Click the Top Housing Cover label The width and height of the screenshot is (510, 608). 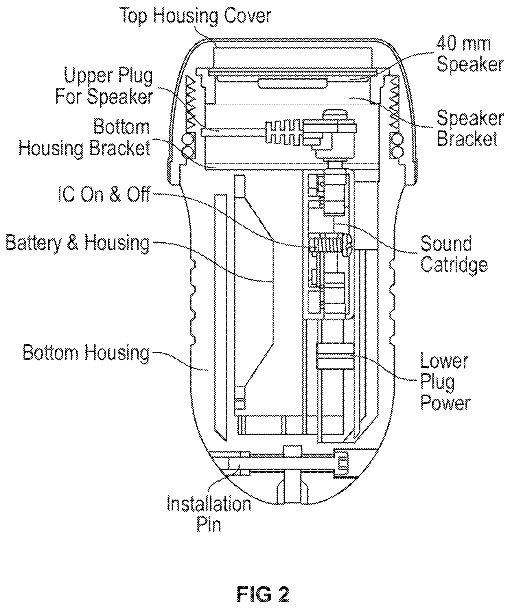click(x=196, y=16)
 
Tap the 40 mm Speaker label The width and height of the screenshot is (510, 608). click(x=470, y=55)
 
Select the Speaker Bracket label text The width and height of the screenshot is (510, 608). click(x=470, y=129)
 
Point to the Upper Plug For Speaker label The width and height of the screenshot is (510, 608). click(x=104, y=86)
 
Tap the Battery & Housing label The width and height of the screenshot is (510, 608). click(x=78, y=243)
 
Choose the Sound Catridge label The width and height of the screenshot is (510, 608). click(x=454, y=254)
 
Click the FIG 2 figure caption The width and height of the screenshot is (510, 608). click(x=263, y=594)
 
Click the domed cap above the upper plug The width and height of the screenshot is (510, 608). click(x=335, y=114)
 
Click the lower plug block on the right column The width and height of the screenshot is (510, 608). click(x=335, y=356)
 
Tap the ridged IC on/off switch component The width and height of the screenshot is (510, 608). click(x=329, y=244)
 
